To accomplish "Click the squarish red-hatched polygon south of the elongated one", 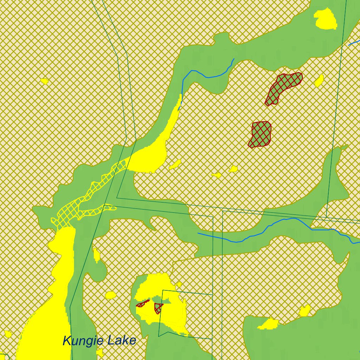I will tap(261, 134).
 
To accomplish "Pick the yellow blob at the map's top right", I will tap(326, 19).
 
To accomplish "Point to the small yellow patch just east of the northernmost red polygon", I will tap(319, 81).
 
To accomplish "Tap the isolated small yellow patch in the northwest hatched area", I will tap(44, 81).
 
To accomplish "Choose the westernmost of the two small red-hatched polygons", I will tap(142, 303).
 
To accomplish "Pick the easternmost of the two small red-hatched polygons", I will tap(158, 308).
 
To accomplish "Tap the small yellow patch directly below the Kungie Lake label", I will tap(100, 352).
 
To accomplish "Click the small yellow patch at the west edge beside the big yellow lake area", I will tap(8, 334).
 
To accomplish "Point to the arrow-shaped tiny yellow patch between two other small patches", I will tap(216, 175).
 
